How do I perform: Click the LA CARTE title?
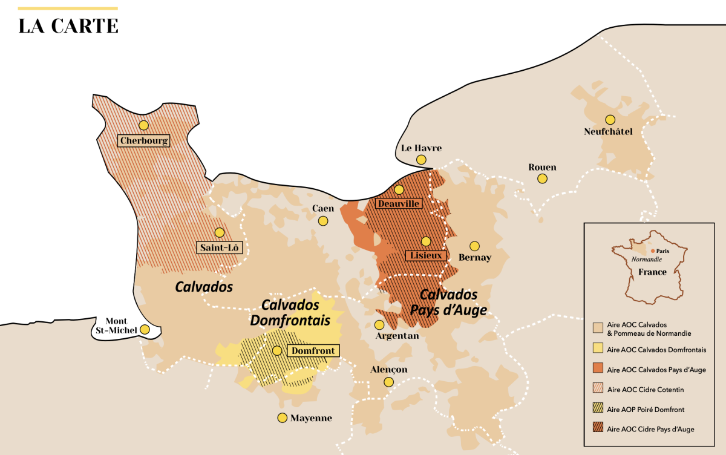point(68,26)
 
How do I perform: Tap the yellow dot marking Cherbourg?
point(143,125)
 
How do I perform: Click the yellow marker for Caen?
point(323,221)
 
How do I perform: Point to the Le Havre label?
point(421,148)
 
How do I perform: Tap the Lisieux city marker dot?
point(426,241)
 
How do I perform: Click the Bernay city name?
point(475,258)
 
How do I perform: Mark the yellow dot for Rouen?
point(543,178)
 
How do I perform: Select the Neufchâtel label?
point(608,131)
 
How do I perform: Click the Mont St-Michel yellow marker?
point(145,329)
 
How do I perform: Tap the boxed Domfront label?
point(312,350)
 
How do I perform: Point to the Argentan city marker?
point(379,324)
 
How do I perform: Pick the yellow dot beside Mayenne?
point(282,417)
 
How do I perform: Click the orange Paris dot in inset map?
point(652,250)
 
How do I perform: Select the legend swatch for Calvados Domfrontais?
point(597,349)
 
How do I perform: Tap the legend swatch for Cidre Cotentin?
point(597,389)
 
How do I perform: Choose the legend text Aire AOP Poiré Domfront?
point(645,410)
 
